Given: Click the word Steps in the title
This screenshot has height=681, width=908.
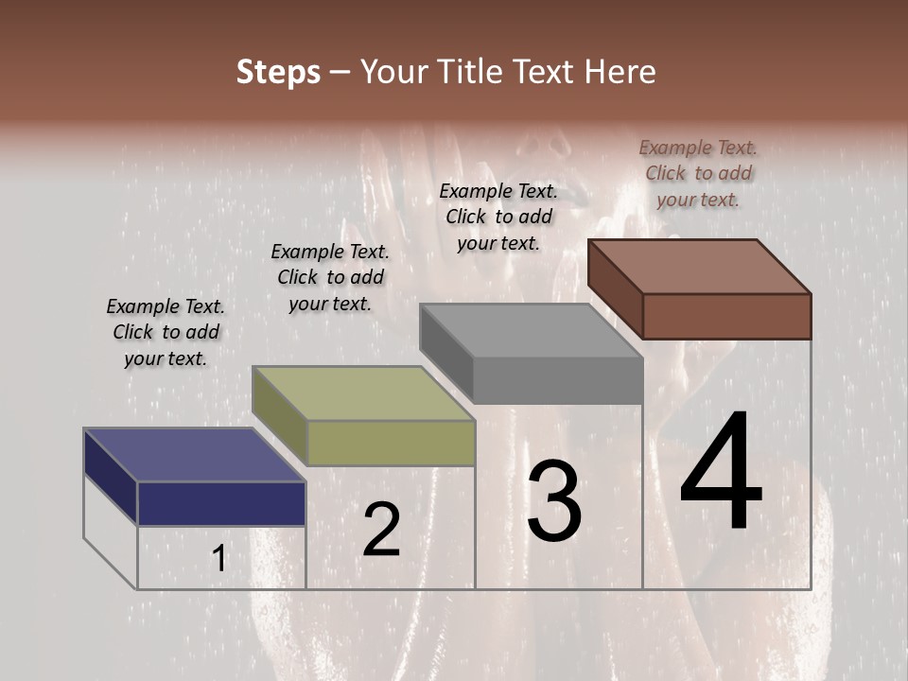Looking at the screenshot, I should [x=278, y=72].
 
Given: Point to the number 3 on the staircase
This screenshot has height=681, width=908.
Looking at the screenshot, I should [x=554, y=501].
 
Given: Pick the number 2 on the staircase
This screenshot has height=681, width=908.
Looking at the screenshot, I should [x=381, y=530].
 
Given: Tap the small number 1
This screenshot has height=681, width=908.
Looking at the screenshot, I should [x=218, y=559].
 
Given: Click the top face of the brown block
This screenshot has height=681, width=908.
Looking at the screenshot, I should [x=700, y=267].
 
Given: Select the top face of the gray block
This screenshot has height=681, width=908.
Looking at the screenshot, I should [x=530, y=331].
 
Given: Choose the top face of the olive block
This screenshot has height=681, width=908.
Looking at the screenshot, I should [x=362, y=393].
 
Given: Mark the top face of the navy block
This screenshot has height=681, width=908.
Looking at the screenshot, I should [x=194, y=455].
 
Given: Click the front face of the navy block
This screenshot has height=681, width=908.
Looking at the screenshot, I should [x=221, y=503].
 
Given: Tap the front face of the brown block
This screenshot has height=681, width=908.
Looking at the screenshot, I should [x=726, y=316].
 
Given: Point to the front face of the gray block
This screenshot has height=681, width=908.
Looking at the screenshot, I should [x=557, y=381].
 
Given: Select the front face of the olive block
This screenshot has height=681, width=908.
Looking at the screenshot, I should [x=391, y=443].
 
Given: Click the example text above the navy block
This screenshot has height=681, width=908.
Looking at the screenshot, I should [x=166, y=332].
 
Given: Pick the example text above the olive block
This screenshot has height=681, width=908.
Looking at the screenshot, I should [x=330, y=277].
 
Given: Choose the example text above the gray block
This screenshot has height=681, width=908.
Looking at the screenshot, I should [x=498, y=217].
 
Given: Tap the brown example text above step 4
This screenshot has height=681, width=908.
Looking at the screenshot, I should [x=698, y=173].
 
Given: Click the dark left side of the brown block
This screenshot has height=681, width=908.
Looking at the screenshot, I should [x=615, y=288].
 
